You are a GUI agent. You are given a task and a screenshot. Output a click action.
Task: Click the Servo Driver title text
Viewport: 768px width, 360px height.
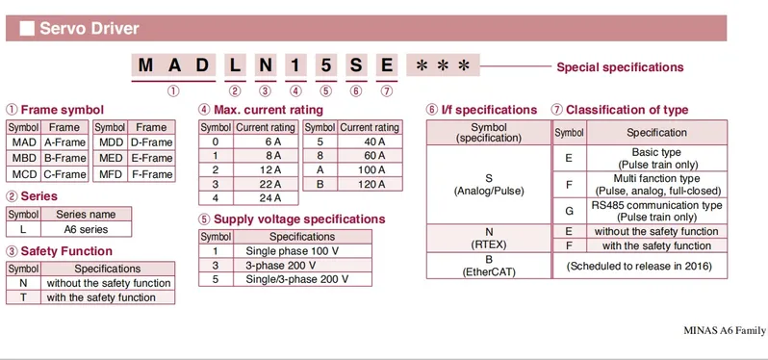(89, 29)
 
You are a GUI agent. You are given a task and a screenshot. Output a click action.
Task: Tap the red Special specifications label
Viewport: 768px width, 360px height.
(620, 67)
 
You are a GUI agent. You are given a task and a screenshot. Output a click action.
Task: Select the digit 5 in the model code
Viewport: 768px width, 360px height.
(326, 65)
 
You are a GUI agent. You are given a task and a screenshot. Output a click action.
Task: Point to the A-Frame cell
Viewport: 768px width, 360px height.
(64, 142)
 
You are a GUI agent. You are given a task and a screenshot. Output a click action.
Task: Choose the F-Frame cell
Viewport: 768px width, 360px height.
(151, 174)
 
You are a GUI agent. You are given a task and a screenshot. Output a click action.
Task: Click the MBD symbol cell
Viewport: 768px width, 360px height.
(24, 158)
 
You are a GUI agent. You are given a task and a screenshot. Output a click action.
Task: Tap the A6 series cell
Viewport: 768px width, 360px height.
(87, 229)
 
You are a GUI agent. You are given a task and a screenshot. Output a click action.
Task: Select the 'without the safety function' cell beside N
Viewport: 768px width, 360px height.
(108, 283)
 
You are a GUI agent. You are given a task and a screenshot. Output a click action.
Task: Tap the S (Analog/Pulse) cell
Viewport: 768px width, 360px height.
(488, 185)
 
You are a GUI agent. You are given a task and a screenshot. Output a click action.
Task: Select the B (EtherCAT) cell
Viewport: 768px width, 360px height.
(488, 266)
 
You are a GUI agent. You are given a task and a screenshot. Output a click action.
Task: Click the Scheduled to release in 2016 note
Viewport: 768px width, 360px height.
(639, 266)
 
